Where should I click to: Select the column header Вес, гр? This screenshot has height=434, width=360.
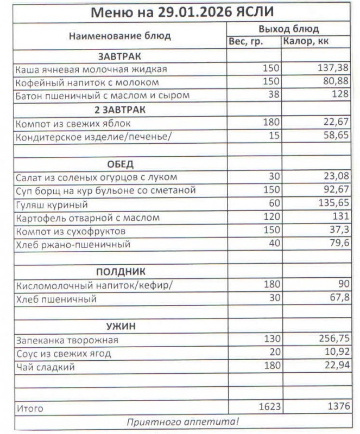point(245,41)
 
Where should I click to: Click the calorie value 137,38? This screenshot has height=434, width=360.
point(333,69)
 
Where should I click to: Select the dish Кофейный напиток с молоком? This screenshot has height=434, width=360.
point(87,82)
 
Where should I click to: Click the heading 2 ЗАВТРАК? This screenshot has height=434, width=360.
point(120,109)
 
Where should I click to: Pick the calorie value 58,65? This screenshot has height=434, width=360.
point(335,136)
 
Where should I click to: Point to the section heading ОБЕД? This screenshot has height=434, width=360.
point(120,164)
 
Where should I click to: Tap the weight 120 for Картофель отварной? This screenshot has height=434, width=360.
point(270,218)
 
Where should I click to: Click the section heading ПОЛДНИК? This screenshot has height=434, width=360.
point(120,271)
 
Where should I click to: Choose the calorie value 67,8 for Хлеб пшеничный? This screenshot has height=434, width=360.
point(338,299)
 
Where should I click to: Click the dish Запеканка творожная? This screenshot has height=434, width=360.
point(67,340)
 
